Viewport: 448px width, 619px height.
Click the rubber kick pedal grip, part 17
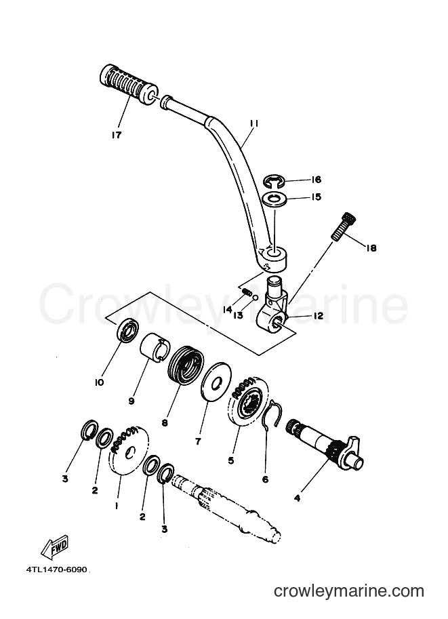pyautogui.click(x=129, y=85)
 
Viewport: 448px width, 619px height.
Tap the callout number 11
pyautogui.click(x=253, y=124)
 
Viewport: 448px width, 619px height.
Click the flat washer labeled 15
pyautogui.click(x=276, y=197)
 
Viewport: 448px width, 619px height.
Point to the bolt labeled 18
pyautogui.click(x=343, y=226)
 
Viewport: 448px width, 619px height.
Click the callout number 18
pyautogui.click(x=371, y=248)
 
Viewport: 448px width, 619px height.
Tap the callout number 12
pyautogui.click(x=318, y=316)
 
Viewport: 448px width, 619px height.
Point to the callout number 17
pyautogui.click(x=117, y=135)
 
